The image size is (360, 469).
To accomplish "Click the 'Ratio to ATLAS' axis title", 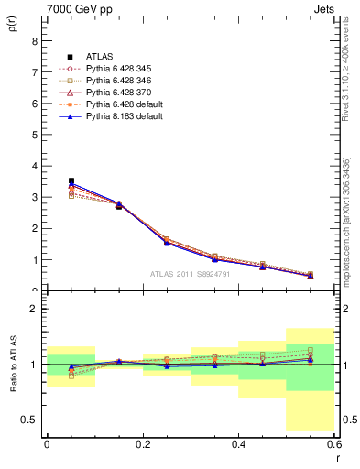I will pos(12,364).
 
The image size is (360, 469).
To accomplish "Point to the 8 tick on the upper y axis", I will pos(34,40).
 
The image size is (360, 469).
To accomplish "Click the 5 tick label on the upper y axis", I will pos(34,135).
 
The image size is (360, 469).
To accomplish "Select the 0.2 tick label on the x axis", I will pos(142,443).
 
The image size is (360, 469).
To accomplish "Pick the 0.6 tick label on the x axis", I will pos(334,443).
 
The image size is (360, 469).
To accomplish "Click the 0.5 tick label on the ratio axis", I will pos(29,420).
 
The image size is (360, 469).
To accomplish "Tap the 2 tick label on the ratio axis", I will pos(34,309).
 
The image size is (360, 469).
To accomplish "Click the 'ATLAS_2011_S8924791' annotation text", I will pos(190,273).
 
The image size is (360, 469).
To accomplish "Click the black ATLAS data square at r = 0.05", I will pos(71,181).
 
